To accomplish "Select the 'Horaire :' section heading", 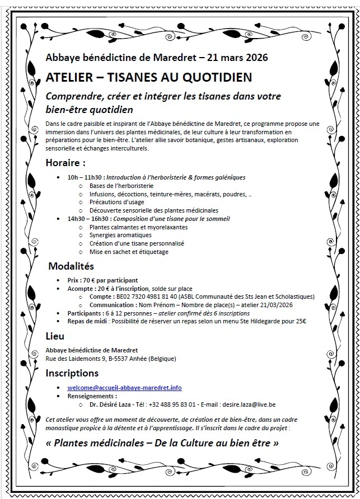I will tap(66, 163).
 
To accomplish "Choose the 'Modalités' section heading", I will tap(71, 266).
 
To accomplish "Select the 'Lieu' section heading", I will tap(55, 336).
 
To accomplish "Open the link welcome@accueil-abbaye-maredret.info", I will tap(124, 388).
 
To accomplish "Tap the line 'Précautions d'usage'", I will tap(116, 202).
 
